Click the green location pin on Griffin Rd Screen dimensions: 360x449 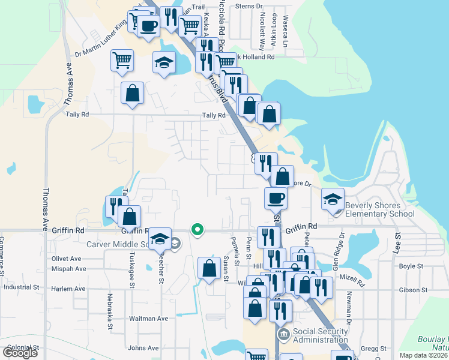coord(196,229)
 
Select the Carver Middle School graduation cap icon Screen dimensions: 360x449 coord(160,238)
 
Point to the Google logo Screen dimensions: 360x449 coord(20,353)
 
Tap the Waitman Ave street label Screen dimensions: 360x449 coord(148,319)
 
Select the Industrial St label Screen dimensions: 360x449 coord(22,287)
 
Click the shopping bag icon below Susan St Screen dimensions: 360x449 coord(209,268)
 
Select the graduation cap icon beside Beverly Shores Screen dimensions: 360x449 coord(333,199)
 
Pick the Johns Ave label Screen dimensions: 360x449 coord(143,347)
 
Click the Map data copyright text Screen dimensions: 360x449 coord(423,355)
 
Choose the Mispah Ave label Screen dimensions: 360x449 coord(69,269)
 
